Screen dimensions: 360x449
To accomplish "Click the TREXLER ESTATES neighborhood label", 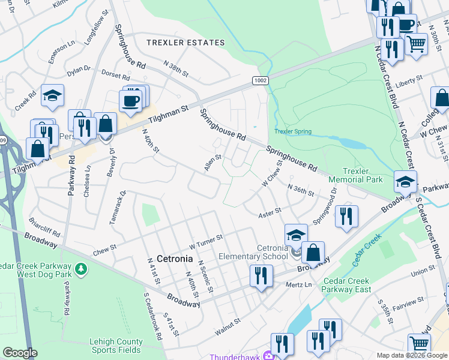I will tap(186, 43).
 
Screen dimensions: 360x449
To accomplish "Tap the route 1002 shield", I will tap(260, 80).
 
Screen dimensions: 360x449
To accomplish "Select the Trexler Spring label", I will tap(292, 131).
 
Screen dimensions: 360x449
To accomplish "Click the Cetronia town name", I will tap(174, 259).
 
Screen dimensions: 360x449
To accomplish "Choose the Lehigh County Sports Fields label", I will tap(116, 346).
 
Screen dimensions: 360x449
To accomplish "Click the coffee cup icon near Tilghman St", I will tap(130, 100).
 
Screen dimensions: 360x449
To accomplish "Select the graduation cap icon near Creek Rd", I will tap(52, 96).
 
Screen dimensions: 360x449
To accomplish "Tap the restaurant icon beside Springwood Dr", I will tap(346, 216).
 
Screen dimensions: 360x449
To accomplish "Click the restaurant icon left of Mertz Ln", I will tap(260, 276).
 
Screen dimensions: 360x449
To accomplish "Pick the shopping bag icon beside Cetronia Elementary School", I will tap(313, 252).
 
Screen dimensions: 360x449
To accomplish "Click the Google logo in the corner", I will tap(20, 353).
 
